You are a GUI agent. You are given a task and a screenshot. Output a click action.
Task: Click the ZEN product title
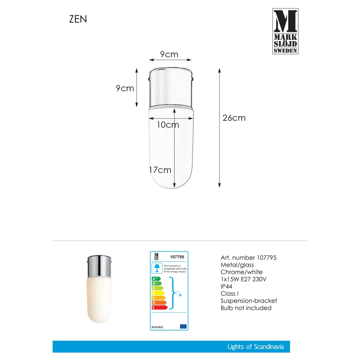click(x=78, y=19)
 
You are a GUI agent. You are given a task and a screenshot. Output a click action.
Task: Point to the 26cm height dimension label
click(x=234, y=118)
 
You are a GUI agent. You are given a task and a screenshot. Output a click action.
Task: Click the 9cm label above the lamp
click(x=169, y=54)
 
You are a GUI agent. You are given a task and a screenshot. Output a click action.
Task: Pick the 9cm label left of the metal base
click(x=125, y=88)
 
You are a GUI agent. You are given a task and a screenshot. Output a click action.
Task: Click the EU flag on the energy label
click(x=183, y=327)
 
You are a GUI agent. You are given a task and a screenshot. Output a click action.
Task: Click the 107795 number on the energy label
click(x=177, y=257)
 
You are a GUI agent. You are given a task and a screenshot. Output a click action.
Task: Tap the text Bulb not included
click(x=246, y=308)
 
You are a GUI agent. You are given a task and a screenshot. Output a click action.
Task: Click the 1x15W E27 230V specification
click(x=247, y=279)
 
